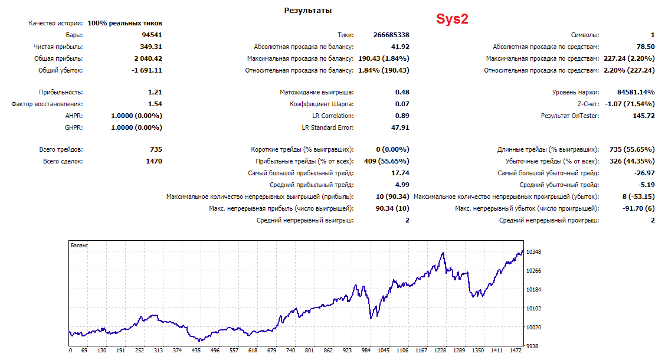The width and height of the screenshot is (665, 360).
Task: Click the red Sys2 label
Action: click(452, 19)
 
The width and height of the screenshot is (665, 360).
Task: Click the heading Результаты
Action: click(308, 11)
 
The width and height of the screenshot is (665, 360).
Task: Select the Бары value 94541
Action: click(152, 35)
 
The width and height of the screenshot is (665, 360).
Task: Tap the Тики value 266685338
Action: click(391, 35)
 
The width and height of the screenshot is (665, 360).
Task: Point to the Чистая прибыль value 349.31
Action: click(151, 47)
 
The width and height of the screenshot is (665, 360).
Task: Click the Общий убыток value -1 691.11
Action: click(147, 70)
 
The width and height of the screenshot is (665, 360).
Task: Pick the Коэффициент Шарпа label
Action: click(322, 104)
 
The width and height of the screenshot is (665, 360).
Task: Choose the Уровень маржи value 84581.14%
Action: click(635, 92)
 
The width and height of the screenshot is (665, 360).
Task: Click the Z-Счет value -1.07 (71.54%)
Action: click(630, 104)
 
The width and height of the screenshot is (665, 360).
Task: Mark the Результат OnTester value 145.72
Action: click(644, 116)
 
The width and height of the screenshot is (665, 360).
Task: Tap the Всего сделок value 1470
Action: click(154, 161)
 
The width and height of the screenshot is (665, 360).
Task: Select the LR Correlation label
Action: click(333, 116)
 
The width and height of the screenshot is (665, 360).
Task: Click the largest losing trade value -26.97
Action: click(644, 173)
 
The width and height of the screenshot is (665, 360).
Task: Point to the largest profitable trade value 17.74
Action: click(400, 173)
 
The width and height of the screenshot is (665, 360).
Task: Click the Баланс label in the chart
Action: click(79, 246)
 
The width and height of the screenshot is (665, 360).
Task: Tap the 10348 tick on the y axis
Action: click(533, 252)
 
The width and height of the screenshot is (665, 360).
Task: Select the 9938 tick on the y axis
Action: click(532, 346)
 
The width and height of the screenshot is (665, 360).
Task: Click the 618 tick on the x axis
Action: click(253, 351)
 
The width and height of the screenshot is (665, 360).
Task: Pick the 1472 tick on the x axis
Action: click(516, 351)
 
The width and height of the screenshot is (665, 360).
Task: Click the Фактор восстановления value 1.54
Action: click(155, 104)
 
